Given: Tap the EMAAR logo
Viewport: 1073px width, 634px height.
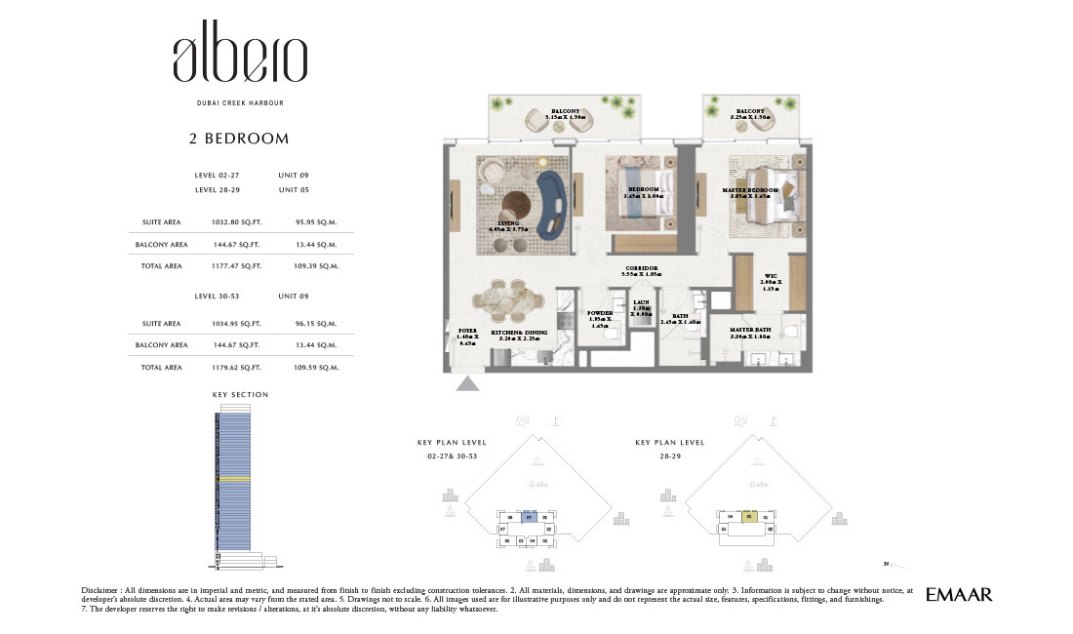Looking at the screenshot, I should pyautogui.click(x=958, y=594).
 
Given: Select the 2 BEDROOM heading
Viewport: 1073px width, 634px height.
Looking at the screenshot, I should pyautogui.click(x=239, y=139).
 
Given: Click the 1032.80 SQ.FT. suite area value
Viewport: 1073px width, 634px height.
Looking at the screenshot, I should pyautogui.click(x=236, y=222).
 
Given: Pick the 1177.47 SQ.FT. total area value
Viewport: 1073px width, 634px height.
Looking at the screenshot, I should pyautogui.click(x=236, y=265).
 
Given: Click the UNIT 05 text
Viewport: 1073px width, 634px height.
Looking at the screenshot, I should pyautogui.click(x=294, y=190).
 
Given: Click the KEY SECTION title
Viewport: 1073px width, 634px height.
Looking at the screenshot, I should pyautogui.click(x=240, y=395).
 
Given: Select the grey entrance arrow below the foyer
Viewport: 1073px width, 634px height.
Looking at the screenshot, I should pyautogui.click(x=468, y=384).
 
